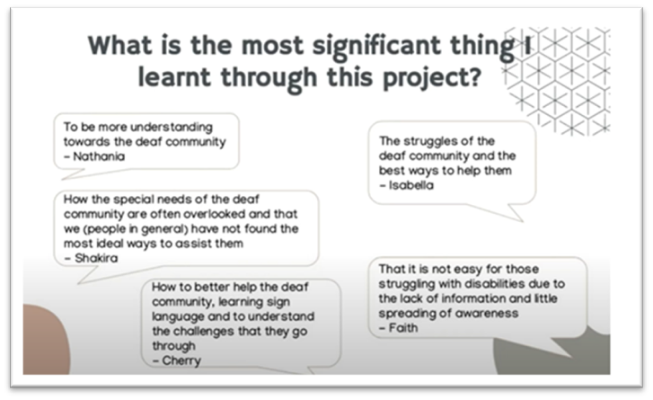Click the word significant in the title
[x=377, y=47]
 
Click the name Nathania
[x=99, y=156]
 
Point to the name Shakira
[x=96, y=258]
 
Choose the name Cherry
[x=181, y=360]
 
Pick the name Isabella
[x=411, y=185]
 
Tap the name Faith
[x=403, y=328]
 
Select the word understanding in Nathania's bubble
[x=172, y=128]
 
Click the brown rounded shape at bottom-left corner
[x=46, y=339]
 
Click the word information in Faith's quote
[x=473, y=298]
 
